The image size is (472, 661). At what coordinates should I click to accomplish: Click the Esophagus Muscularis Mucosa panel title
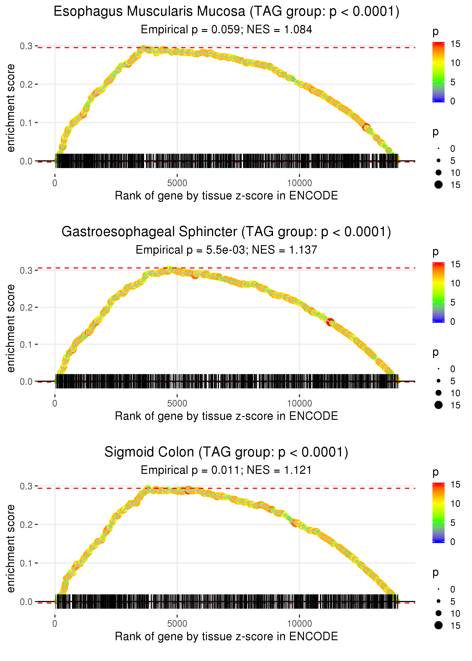226,12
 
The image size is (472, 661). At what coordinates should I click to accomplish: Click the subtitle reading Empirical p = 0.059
226,30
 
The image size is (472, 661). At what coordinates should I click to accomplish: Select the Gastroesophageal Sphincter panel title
226,232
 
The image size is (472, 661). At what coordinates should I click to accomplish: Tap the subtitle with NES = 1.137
226,250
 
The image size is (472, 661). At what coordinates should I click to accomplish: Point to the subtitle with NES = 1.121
226,470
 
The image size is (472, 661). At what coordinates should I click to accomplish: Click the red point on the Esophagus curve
366,127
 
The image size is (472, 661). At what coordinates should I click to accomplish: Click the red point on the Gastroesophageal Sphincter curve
330,322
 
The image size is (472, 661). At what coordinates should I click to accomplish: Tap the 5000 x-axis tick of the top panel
177,183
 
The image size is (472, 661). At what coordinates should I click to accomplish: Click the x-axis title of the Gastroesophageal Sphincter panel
226,416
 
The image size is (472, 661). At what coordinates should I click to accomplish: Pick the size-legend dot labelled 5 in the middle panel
439,381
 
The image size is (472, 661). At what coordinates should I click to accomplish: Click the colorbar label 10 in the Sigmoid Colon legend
455,504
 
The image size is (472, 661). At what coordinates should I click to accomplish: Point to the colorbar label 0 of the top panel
453,101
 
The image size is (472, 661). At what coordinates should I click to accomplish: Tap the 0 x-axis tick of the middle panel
55,403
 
